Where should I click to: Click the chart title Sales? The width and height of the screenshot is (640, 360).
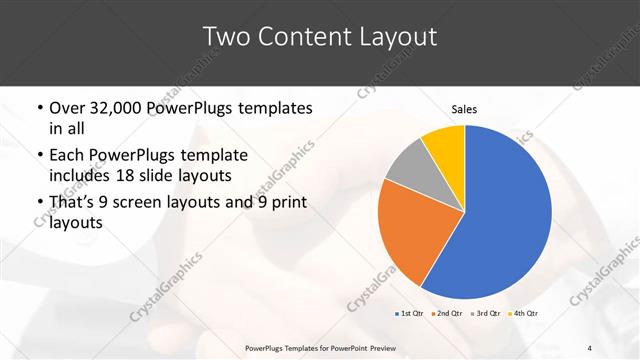pos(465,108)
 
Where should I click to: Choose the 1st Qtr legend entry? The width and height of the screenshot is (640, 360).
pos(411,314)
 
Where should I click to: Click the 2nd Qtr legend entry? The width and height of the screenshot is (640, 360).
pos(448,314)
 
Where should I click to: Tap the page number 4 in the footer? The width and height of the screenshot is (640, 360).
pos(590,348)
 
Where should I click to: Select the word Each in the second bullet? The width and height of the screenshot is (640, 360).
pos(65,155)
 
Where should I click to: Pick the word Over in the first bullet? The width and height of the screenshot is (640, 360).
pos(66,108)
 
